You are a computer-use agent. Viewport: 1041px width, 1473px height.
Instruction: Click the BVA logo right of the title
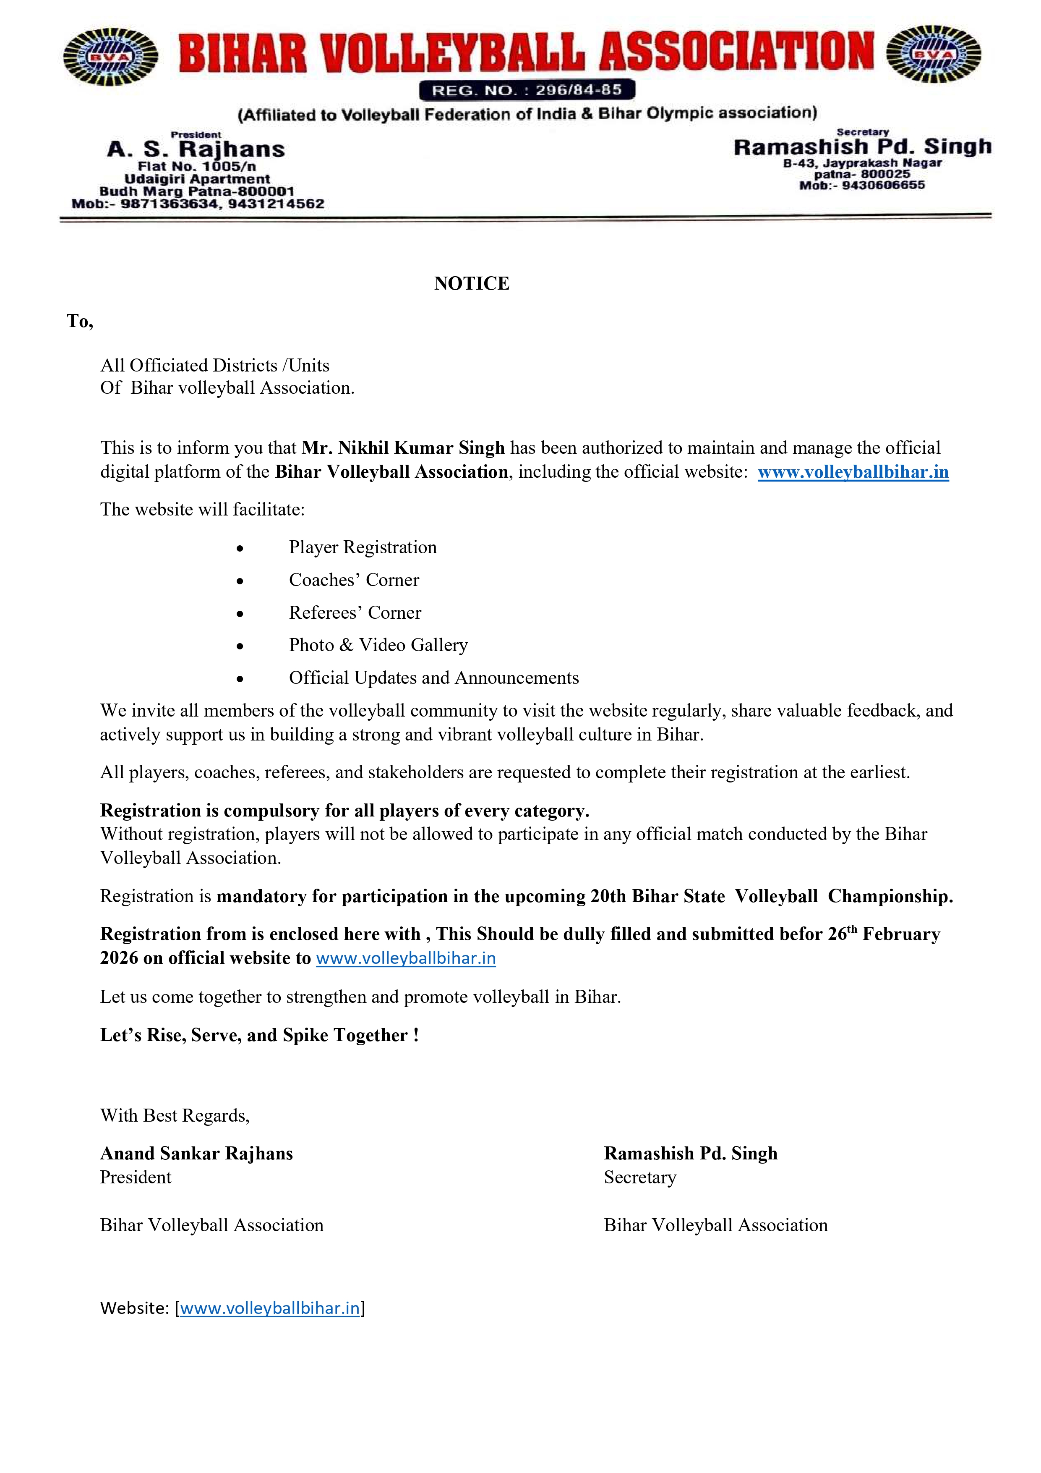(x=933, y=54)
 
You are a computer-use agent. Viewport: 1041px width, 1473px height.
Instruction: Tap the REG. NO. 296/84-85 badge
(x=527, y=90)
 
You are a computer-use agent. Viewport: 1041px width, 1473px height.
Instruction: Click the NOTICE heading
(x=472, y=284)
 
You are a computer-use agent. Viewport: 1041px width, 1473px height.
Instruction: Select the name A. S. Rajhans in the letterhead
(x=196, y=149)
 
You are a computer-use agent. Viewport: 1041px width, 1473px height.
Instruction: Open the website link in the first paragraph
(x=853, y=472)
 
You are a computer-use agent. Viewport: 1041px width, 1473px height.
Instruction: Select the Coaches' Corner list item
(x=353, y=580)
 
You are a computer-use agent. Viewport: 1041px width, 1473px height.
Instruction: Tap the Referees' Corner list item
(x=355, y=613)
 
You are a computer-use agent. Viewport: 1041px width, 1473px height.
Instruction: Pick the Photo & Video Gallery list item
(x=378, y=645)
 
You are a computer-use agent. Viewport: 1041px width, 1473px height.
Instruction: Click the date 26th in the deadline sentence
(x=842, y=934)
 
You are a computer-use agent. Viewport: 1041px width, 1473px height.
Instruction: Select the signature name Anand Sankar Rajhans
(x=196, y=1154)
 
